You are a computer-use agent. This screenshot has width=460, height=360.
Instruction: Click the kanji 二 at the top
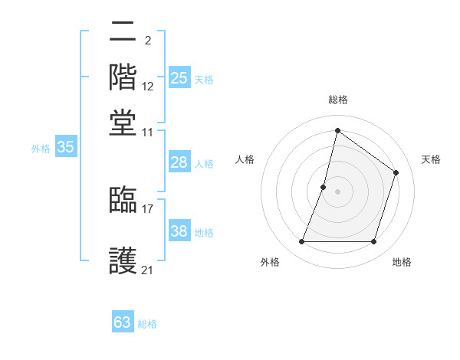tap(123, 32)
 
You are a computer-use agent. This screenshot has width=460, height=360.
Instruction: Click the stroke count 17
tap(148, 208)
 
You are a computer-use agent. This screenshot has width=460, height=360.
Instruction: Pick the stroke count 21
tap(148, 270)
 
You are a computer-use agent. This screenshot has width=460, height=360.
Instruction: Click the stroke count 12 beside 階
tap(148, 87)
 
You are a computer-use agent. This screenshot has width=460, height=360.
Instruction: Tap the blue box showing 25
tap(179, 78)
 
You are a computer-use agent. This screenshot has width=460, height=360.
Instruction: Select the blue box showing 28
tap(179, 162)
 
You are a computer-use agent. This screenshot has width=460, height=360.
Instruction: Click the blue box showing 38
tap(179, 232)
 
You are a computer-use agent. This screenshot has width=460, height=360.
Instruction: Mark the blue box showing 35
tap(65, 148)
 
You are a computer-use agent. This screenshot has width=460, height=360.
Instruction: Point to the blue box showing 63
tap(123, 322)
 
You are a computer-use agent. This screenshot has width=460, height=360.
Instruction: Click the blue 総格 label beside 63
tap(147, 324)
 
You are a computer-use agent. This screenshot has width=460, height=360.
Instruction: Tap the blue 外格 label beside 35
tap(41, 149)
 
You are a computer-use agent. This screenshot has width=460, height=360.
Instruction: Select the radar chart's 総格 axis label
tap(338, 100)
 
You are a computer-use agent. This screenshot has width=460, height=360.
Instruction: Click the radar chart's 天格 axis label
tap(431, 159)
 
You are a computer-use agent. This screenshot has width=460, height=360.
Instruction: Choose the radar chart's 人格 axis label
tap(245, 159)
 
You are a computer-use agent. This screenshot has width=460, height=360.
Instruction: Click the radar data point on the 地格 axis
tap(374, 242)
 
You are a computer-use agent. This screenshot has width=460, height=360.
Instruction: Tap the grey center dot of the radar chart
tap(337, 191)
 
